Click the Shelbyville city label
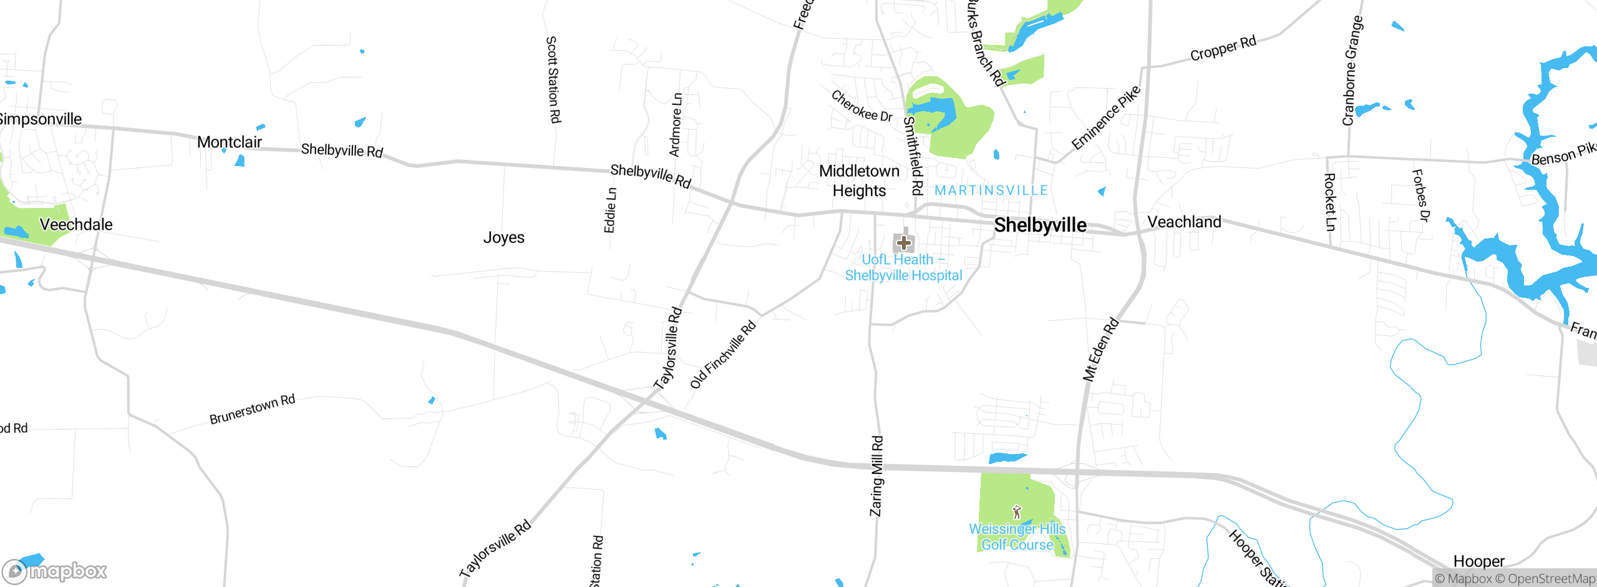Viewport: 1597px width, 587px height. (1040, 225)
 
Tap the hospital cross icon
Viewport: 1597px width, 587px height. (903, 242)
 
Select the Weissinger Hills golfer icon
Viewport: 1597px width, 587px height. (1017, 513)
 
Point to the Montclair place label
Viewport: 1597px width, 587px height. (229, 142)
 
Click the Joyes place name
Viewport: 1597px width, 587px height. (503, 238)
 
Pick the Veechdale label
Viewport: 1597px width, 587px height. (75, 225)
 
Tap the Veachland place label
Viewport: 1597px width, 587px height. (1184, 222)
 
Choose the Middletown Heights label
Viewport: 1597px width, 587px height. (859, 180)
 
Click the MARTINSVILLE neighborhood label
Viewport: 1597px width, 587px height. (991, 190)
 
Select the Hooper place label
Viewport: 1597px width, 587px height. (1478, 561)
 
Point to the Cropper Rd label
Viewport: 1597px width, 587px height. (1223, 49)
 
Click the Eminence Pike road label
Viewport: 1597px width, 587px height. (1105, 118)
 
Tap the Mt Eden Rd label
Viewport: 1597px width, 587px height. (1100, 350)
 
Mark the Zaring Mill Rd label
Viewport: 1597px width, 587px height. (876, 476)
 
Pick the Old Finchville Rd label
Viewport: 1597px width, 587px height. (723, 355)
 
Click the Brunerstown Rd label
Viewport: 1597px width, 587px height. (252, 409)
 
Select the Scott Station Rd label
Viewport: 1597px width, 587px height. (553, 79)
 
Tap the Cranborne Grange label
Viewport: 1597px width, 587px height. (1352, 71)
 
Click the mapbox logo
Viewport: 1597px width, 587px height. (55, 571)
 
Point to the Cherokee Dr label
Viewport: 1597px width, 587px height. (862, 106)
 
